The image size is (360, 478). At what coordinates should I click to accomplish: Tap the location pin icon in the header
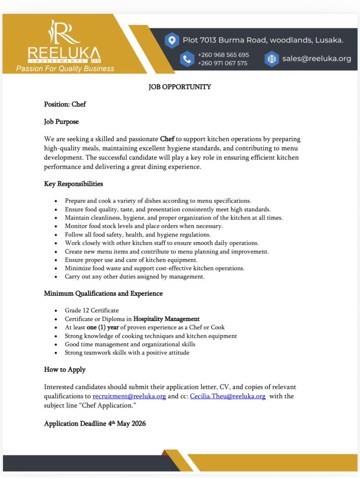click(171, 40)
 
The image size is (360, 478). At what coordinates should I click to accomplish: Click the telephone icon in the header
click(187, 59)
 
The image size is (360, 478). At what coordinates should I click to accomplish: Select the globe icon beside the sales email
click(271, 59)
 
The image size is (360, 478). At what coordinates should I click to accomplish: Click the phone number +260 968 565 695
click(223, 55)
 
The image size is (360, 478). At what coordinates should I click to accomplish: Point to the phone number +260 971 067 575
click(222, 63)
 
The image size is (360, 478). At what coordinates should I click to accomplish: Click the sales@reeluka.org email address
click(316, 59)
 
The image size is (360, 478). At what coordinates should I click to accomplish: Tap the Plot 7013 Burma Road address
click(263, 40)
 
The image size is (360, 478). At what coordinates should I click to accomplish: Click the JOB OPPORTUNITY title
click(180, 87)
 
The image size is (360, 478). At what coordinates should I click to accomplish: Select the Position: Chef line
click(65, 104)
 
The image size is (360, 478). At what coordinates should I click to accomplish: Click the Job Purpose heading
click(61, 122)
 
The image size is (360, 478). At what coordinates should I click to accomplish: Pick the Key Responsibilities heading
click(73, 184)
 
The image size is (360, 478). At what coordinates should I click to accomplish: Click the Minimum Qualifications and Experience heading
click(103, 294)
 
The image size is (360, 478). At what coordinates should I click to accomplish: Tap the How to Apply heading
click(65, 370)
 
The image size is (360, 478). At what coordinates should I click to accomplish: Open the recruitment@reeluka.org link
click(129, 396)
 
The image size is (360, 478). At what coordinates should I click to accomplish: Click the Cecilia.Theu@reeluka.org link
click(227, 396)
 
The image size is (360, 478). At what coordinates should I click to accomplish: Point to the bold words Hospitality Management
click(166, 319)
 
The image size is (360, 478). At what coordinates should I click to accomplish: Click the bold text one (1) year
click(102, 328)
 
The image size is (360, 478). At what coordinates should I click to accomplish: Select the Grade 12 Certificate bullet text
click(91, 310)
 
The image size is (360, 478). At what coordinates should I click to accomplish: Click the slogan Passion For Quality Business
click(65, 69)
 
